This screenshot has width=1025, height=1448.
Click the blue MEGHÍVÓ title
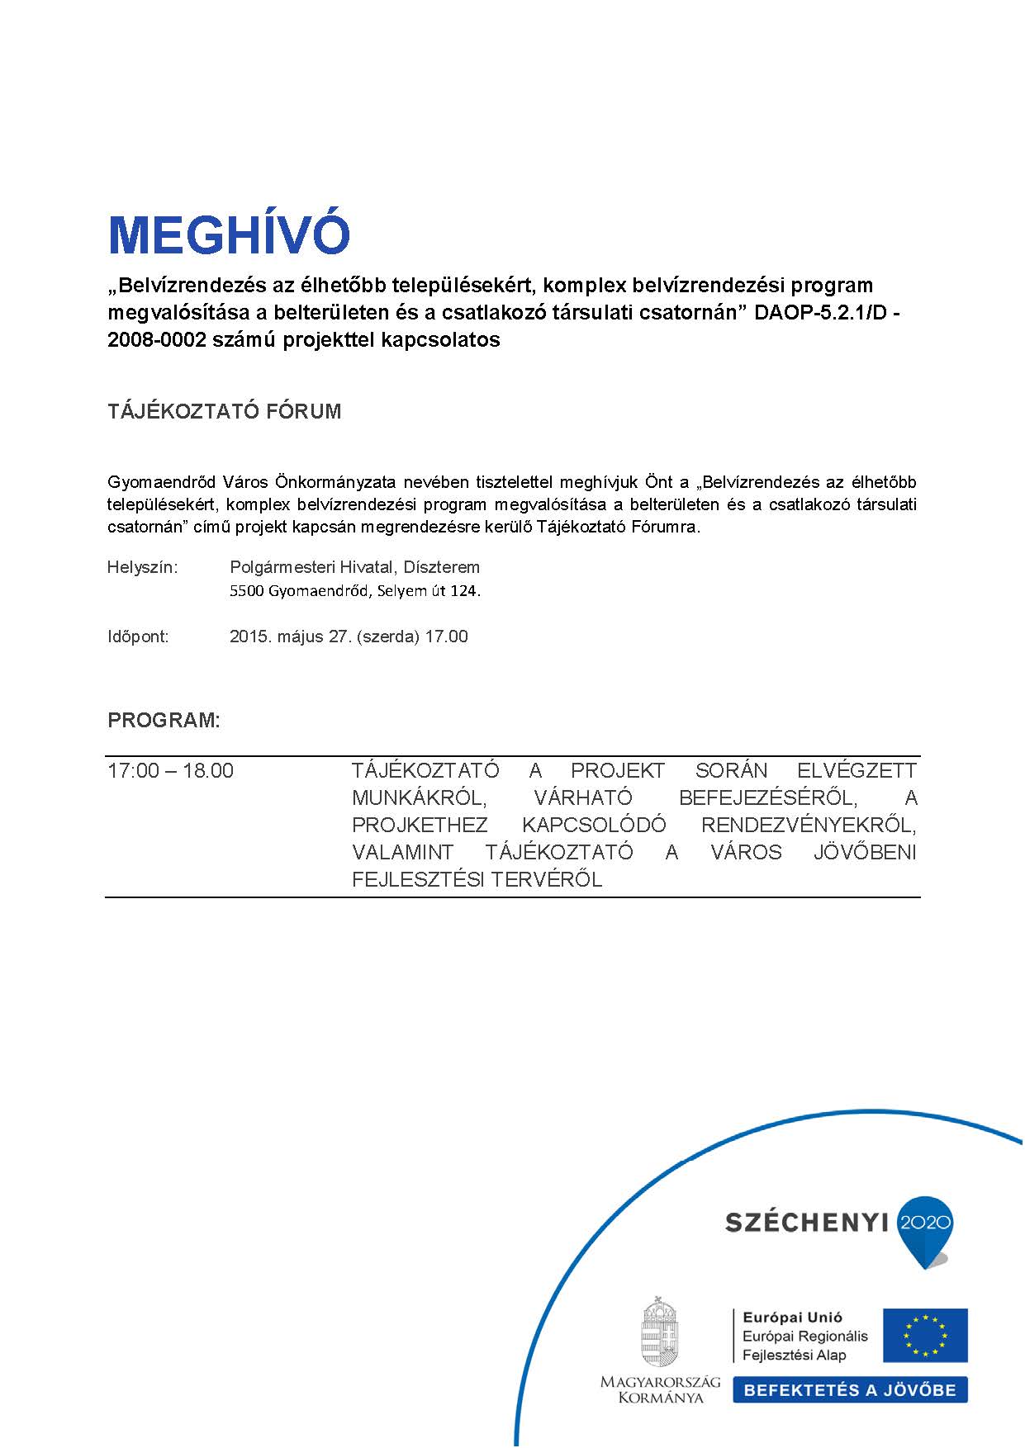pos(229,235)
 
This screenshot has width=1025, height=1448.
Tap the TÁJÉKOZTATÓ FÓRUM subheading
pos(224,412)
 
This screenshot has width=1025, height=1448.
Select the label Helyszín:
pos(142,567)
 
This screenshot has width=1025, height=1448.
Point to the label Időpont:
pos(138,636)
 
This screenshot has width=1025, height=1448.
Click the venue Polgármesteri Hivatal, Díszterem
pos(354,567)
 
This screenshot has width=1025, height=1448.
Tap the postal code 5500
pos(246,591)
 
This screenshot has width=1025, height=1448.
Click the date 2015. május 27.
pos(291,636)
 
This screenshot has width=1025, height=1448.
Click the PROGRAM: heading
pos(164,720)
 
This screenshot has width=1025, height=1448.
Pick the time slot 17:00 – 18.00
pos(170,771)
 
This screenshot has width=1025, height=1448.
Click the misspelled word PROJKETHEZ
pos(420,826)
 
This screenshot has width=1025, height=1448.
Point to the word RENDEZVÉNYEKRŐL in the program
pos(809,826)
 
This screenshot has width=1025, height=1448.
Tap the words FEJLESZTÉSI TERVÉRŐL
pos(477,880)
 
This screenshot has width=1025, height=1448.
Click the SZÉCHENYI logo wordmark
pos(805,1223)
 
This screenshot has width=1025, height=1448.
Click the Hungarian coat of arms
pos(659,1332)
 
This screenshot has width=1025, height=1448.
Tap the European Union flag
pos(924,1335)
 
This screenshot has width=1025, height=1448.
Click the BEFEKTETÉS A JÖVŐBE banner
pos(849,1390)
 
